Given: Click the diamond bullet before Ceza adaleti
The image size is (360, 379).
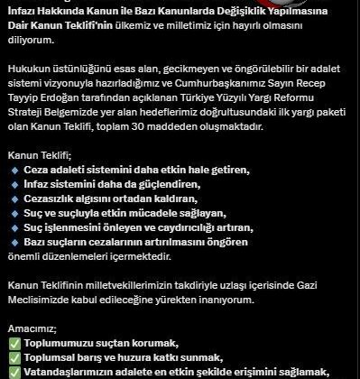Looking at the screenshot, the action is (14, 171).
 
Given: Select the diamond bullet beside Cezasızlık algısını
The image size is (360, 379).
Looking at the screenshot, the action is (14, 199).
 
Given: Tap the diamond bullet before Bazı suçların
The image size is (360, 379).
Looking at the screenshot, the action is (14, 243).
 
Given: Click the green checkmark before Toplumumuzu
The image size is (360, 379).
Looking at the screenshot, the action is (13, 343).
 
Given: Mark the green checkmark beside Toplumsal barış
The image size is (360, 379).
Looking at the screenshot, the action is (13, 357).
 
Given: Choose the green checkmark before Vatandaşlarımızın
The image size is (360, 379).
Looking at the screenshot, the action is (13, 372).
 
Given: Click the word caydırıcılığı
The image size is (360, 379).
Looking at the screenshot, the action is (207, 228).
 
